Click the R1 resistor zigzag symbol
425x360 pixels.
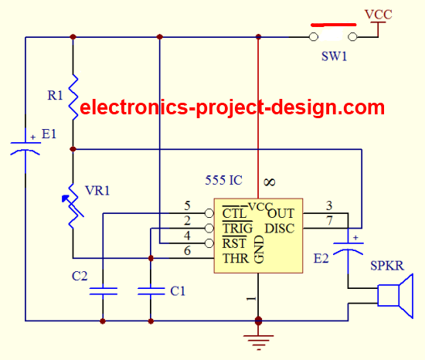[x=73, y=97]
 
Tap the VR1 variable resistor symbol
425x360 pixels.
[x=73, y=205]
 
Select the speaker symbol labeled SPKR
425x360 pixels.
[x=396, y=296]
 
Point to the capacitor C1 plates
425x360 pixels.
[x=151, y=291]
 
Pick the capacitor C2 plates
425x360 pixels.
[x=103, y=291]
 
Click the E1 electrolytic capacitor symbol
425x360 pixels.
[x=25, y=148]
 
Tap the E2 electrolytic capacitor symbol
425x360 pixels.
[x=348, y=248]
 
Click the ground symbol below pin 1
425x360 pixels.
[x=258, y=342]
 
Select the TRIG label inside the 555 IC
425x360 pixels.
[x=237, y=229]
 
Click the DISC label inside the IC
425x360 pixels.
[x=280, y=229]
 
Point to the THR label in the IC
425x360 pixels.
[x=235, y=259]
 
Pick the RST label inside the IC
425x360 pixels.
[x=234, y=243]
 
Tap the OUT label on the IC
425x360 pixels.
[x=280, y=214]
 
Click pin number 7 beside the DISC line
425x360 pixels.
[x=329, y=221]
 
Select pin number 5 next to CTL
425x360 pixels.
[x=187, y=205]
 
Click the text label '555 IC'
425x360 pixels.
[x=223, y=181]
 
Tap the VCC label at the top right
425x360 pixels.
[x=379, y=15]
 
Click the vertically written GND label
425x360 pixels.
[x=259, y=250]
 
